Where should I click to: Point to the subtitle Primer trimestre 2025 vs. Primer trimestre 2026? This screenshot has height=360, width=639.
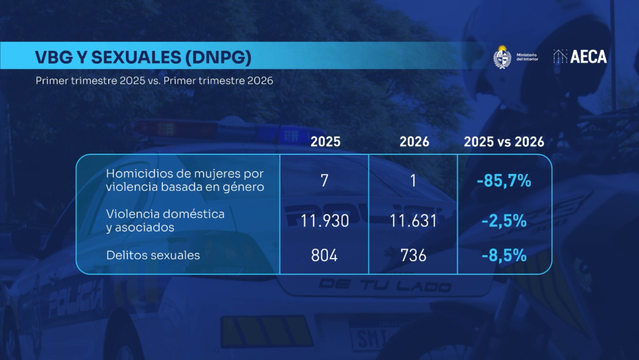[154, 81]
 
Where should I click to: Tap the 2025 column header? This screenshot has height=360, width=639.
[325, 142]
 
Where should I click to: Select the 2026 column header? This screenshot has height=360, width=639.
[414, 142]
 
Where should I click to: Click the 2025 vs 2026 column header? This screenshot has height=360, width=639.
[504, 142]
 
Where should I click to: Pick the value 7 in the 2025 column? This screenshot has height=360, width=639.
[325, 181]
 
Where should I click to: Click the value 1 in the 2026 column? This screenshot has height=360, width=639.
[413, 181]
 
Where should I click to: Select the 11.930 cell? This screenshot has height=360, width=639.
[325, 221]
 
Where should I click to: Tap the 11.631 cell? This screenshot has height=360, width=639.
[413, 221]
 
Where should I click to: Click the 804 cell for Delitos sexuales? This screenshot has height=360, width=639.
[325, 256]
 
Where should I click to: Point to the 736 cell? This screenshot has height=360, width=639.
[413, 256]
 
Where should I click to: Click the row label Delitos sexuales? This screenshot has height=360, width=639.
[153, 255]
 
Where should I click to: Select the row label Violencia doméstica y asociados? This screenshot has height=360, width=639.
[165, 221]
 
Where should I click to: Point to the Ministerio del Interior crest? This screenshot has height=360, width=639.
[502, 57]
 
